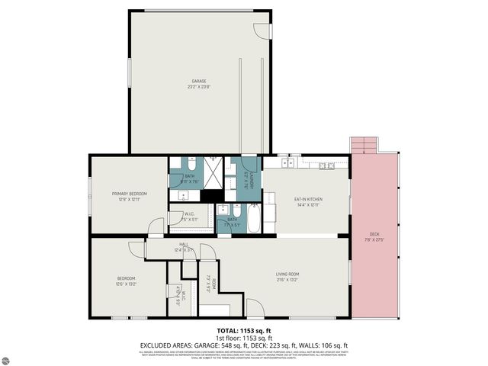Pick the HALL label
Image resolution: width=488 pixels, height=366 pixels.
[184, 245]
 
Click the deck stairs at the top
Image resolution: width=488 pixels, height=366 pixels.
[363, 145]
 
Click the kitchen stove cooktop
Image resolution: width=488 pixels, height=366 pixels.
[326, 165]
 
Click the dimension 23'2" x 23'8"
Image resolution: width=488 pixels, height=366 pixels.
[198, 86]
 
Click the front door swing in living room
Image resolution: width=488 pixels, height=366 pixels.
[255, 308]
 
